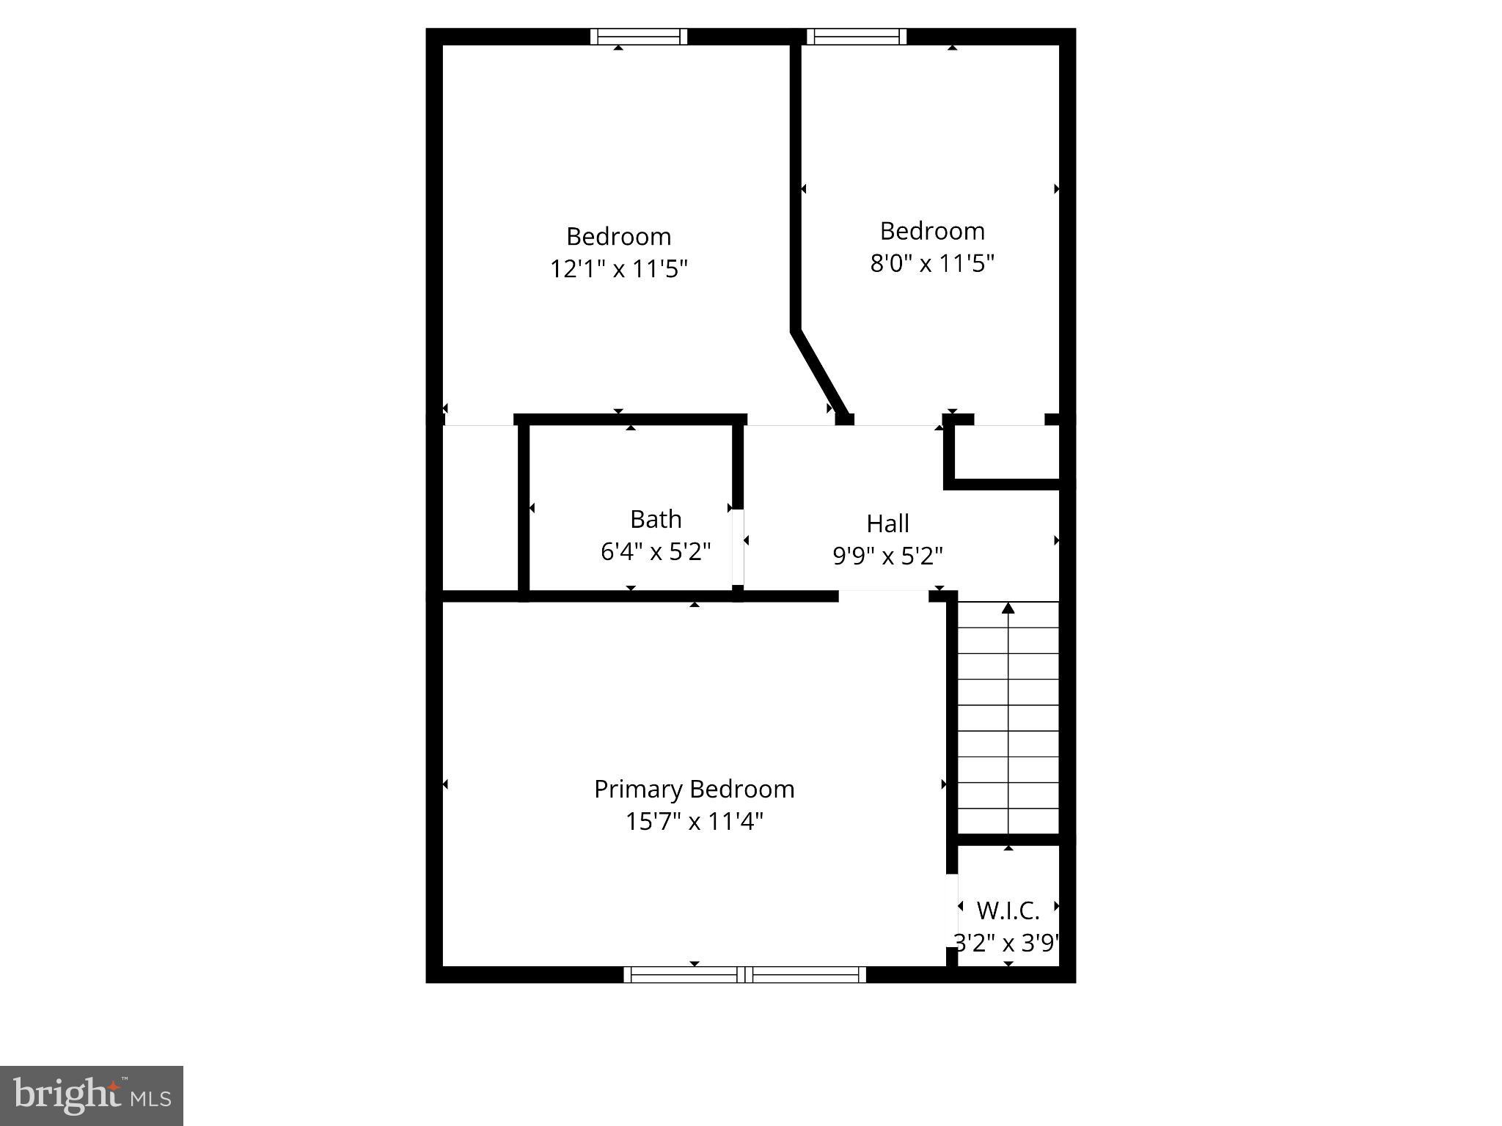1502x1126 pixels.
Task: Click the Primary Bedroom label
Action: [x=694, y=789]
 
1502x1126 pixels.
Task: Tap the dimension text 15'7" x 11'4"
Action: [x=694, y=821]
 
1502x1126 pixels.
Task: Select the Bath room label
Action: [x=656, y=519]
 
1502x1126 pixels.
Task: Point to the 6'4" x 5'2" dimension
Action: [x=656, y=551]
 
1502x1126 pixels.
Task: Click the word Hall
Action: [x=887, y=523]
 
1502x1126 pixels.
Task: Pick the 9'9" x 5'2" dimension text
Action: [x=887, y=556]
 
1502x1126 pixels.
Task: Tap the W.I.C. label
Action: [x=1008, y=910]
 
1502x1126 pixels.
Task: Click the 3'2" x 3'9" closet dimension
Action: [x=1006, y=943]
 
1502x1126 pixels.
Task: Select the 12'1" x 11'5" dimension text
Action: [x=619, y=269]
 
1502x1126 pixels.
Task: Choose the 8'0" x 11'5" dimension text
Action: [x=932, y=263]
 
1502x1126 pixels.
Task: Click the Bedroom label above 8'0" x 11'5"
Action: [x=932, y=231]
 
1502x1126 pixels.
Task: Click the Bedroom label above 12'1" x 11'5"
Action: [x=619, y=237]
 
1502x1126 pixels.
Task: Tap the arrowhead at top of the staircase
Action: [x=1008, y=608]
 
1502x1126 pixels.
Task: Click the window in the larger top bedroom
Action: [x=639, y=37]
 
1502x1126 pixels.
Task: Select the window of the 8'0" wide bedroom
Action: [x=857, y=37]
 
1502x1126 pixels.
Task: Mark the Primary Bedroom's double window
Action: [x=744, y=974]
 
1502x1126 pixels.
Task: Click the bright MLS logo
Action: [x=91, y=1095]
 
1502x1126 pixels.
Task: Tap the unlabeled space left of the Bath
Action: [x=480, y=507]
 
